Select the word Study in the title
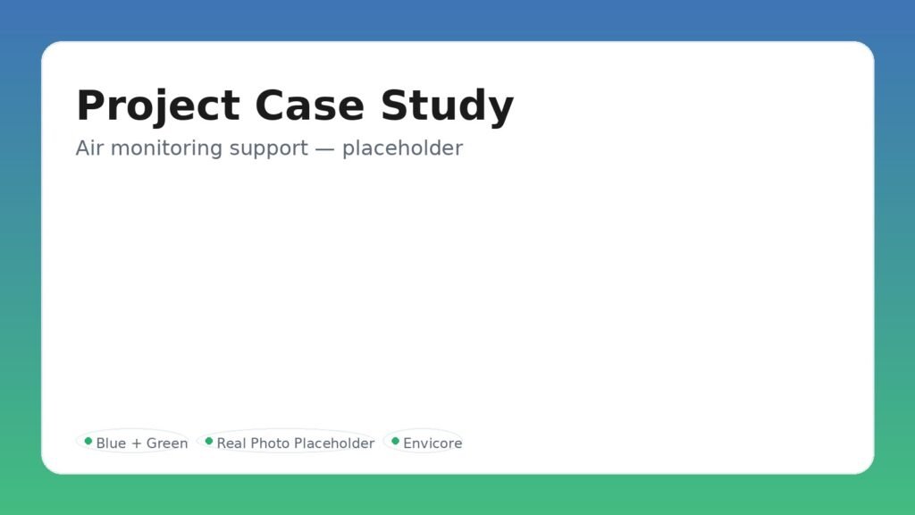pos(447,106)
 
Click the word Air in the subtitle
pos(89,148)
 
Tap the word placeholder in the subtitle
pos(402,148)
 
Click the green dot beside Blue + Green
pos(88,441)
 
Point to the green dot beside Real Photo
pos(209,441)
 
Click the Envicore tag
pos(424,443)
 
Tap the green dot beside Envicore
pos(396,441)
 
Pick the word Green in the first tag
pos(167,443)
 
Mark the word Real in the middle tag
pos(231,443)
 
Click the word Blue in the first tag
pos(112,443)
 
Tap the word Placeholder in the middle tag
pos(334,443)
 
